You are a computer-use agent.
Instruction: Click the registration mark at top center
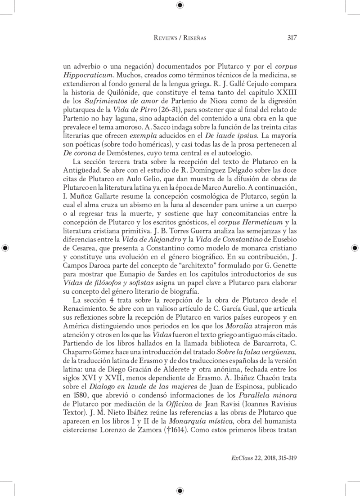pos(180,5)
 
